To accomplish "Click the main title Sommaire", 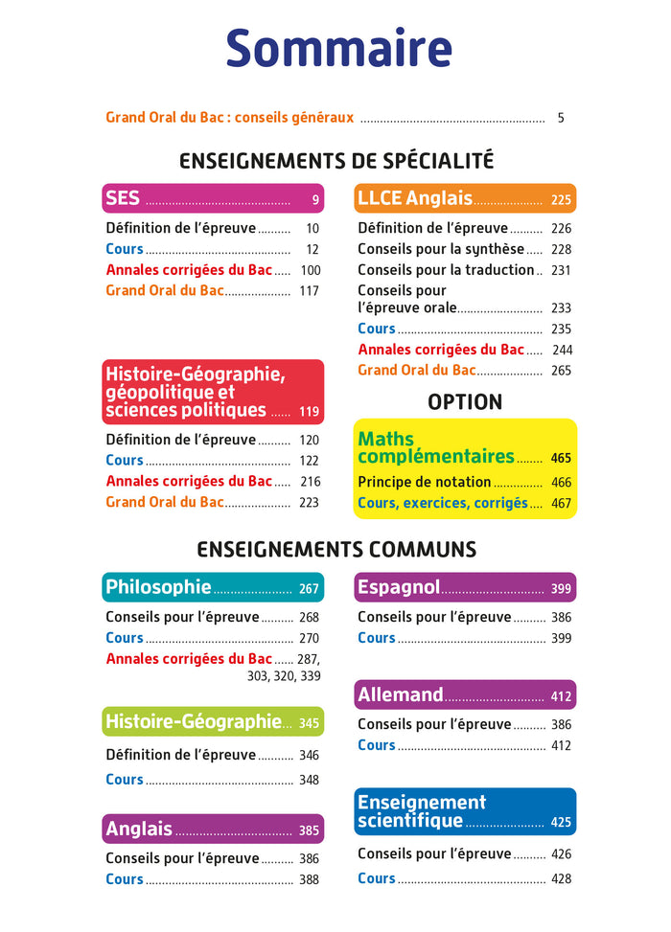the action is click(x=338, y=49).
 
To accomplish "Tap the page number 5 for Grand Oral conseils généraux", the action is click(x=561, y=118).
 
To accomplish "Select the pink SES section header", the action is click(x=213, y=198).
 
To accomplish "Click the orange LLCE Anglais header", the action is click(x=465, y=198).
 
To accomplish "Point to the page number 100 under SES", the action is click(x=310, y=270).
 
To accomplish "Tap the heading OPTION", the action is click(x=465, y=401).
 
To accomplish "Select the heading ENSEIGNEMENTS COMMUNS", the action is click(x=336, y=550).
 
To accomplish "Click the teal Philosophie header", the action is click(x=213, y=587).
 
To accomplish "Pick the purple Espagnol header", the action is click(x=465, y=587).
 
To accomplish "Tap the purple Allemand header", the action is click(x=465, y=694).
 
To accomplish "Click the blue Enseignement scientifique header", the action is click(x=465, y=811).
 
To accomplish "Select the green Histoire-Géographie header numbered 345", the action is click(x=213, y=721).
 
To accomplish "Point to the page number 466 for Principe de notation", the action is click(x=561, y=483).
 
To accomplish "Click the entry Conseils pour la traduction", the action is click(x=446, y=270).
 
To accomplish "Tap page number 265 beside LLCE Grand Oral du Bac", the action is click(x=561, y=370).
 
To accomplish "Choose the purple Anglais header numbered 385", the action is click(x=213, y=829).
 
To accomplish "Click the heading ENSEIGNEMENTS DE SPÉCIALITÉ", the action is click(x=336, y=160).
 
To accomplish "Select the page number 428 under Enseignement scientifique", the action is click(x=561, y=878).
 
